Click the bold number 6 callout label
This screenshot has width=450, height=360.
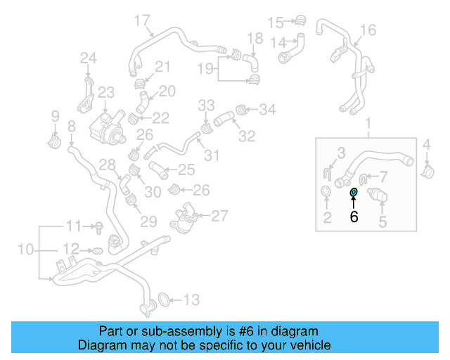click(x=354, y=217)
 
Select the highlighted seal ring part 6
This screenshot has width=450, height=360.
click(x=354, y=192)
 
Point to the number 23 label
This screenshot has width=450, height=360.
click(x=105, y=92)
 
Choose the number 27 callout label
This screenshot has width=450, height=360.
click(x=220, y=215)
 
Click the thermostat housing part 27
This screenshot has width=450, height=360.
click(x=186, y=215)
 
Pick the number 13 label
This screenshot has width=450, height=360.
click(x=192, y=300)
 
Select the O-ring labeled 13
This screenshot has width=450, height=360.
click(x=162, y=300)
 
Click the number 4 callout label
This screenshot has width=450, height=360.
click(x=426, y=146)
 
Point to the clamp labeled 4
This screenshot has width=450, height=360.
click(x=426, y=170)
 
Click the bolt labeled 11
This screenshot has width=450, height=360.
click(x=100, y=228)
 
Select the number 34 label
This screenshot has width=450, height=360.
click(x=268, y=110)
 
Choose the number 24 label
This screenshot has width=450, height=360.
click(x=88, y=57)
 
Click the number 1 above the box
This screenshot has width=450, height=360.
click(x=367, y=125)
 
